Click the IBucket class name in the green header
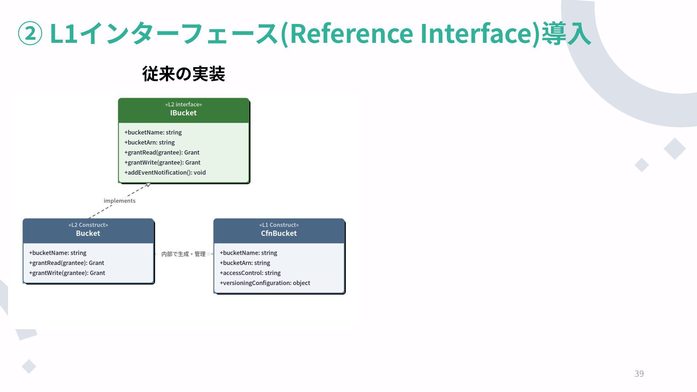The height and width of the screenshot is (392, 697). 183,113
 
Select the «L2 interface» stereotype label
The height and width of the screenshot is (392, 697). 183,105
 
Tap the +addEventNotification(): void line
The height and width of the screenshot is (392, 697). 165,172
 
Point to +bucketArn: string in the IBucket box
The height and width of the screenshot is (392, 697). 150,142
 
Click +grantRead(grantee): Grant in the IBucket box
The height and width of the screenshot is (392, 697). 162,152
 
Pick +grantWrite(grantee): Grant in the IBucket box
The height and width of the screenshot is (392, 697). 162,162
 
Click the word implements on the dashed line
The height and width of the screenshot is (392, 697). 119,201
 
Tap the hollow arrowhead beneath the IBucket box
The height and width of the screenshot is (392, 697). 148,185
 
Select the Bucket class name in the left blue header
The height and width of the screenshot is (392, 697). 88,233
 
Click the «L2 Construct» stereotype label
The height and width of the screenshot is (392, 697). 88,225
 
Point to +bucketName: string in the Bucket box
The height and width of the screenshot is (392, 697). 58,253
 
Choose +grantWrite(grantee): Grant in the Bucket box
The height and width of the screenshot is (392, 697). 67,273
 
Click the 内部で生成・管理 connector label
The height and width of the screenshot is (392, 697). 183,254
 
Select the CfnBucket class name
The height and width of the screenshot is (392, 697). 279,233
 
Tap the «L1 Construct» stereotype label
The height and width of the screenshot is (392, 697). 279,225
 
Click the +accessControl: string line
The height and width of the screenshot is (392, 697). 250,273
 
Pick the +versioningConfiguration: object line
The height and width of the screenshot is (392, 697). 265,283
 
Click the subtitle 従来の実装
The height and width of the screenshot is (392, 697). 184,74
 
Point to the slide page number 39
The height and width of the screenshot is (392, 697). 639,373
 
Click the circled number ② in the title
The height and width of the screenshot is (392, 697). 30,33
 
